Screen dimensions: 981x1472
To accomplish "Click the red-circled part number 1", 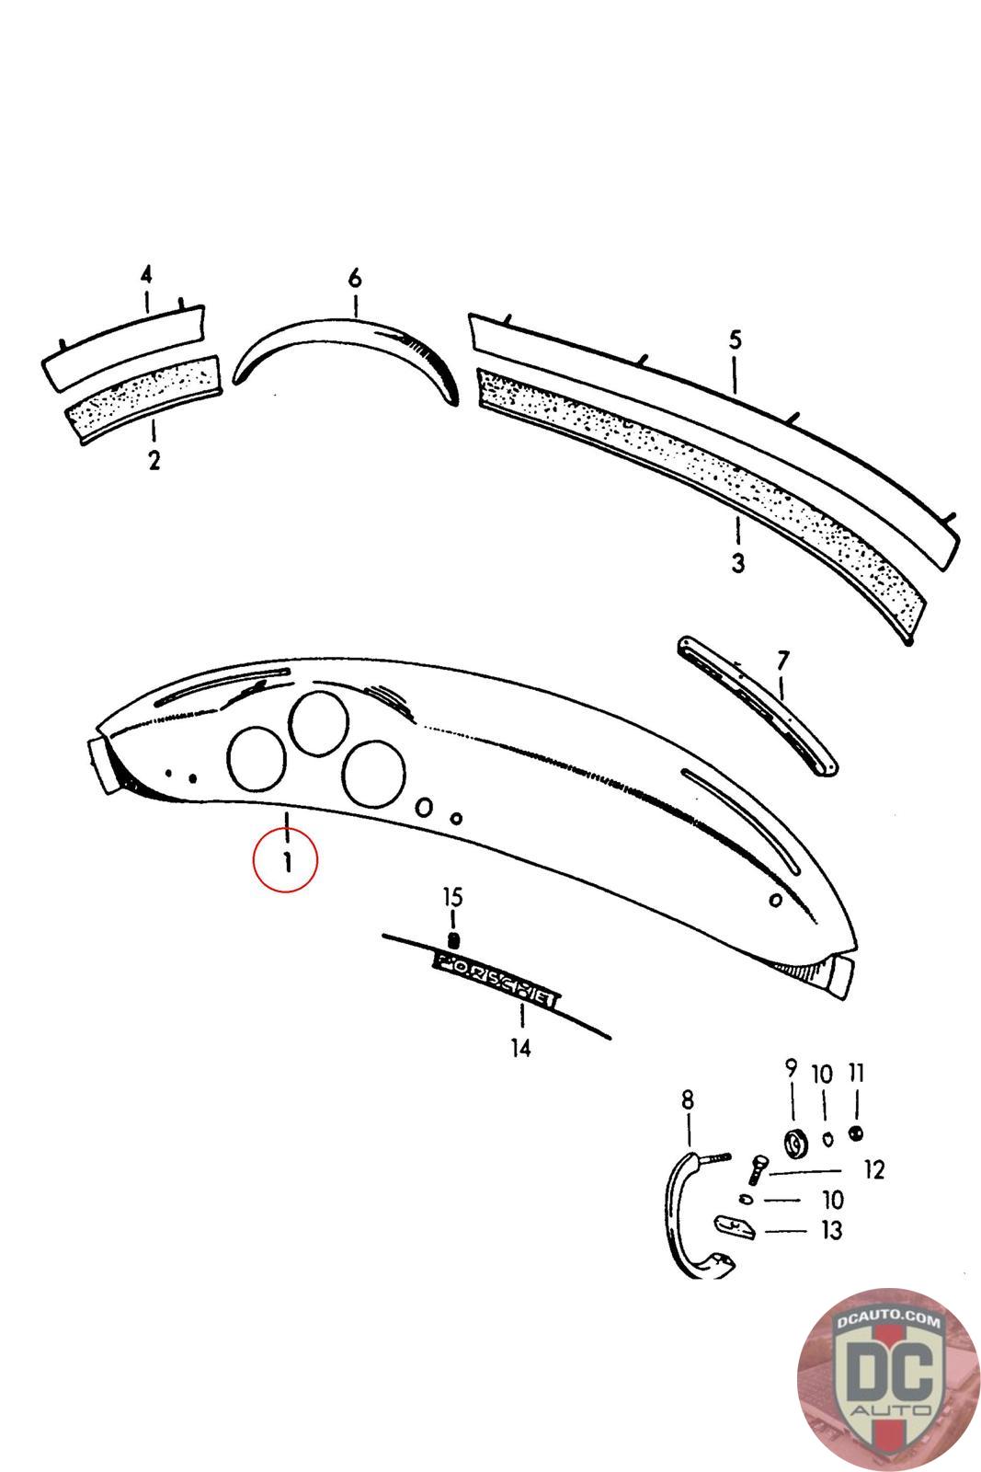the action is (286, 862).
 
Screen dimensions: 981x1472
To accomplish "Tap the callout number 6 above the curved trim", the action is (355, 279).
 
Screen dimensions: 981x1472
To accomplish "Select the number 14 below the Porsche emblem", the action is (520, 1048).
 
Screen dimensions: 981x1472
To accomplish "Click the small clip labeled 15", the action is (452, 940).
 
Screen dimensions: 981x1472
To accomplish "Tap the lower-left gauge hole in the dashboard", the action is (257, 759).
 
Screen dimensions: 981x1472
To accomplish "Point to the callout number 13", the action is (830, 1230).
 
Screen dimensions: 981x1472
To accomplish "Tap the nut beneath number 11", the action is (856, 1133).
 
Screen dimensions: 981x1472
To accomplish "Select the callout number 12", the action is (873, 1170).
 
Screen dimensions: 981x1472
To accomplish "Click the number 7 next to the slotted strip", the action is (782, 661).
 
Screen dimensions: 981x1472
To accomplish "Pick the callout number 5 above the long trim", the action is (735, 340).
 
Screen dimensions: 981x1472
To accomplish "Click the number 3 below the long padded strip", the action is (737, 563).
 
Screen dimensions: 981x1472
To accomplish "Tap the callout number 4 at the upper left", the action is (146, 274).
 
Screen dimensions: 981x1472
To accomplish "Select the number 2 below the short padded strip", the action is (154, 460).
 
